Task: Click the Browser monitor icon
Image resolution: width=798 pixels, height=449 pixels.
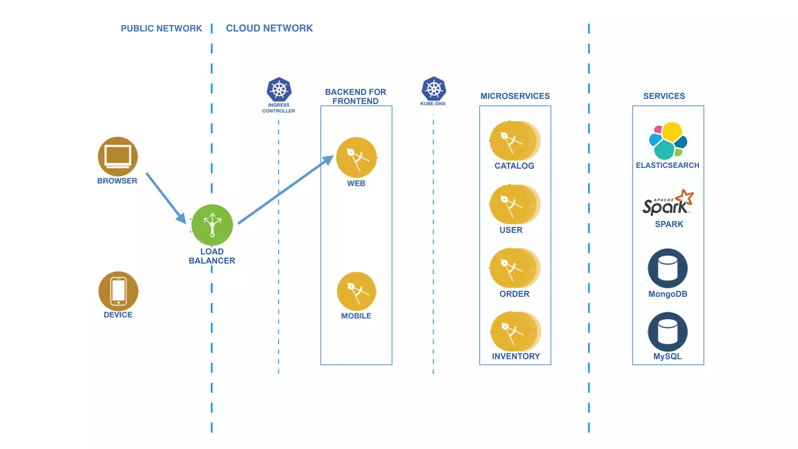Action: click(x=118, y=156)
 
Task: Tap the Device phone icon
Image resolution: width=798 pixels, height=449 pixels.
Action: click(x=118, y=291)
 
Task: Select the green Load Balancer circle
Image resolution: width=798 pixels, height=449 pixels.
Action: click(x=212, y=225)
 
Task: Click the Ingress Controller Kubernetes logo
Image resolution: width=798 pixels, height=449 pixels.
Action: click(x=279, y=90)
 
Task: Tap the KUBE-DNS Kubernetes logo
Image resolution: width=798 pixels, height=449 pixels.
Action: click(x=433, y=88)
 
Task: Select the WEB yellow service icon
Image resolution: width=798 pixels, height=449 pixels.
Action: click(x=356, y=157)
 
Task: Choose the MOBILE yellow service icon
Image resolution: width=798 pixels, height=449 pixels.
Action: click(x=356, y=291)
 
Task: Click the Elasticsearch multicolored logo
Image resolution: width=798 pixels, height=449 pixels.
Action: click(x=668, y=141)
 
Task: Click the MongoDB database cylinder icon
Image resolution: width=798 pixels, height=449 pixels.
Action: click(x=667, y=268)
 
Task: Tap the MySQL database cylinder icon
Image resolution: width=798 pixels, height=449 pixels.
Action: click(x=667, y=332)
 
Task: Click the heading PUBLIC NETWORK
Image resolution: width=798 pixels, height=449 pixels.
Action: click(x=161, y=28)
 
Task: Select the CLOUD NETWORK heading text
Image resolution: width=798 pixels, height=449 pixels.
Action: click(x=269, y=28)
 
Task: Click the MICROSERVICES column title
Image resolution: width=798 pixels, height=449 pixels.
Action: click(x=515, y=96)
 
